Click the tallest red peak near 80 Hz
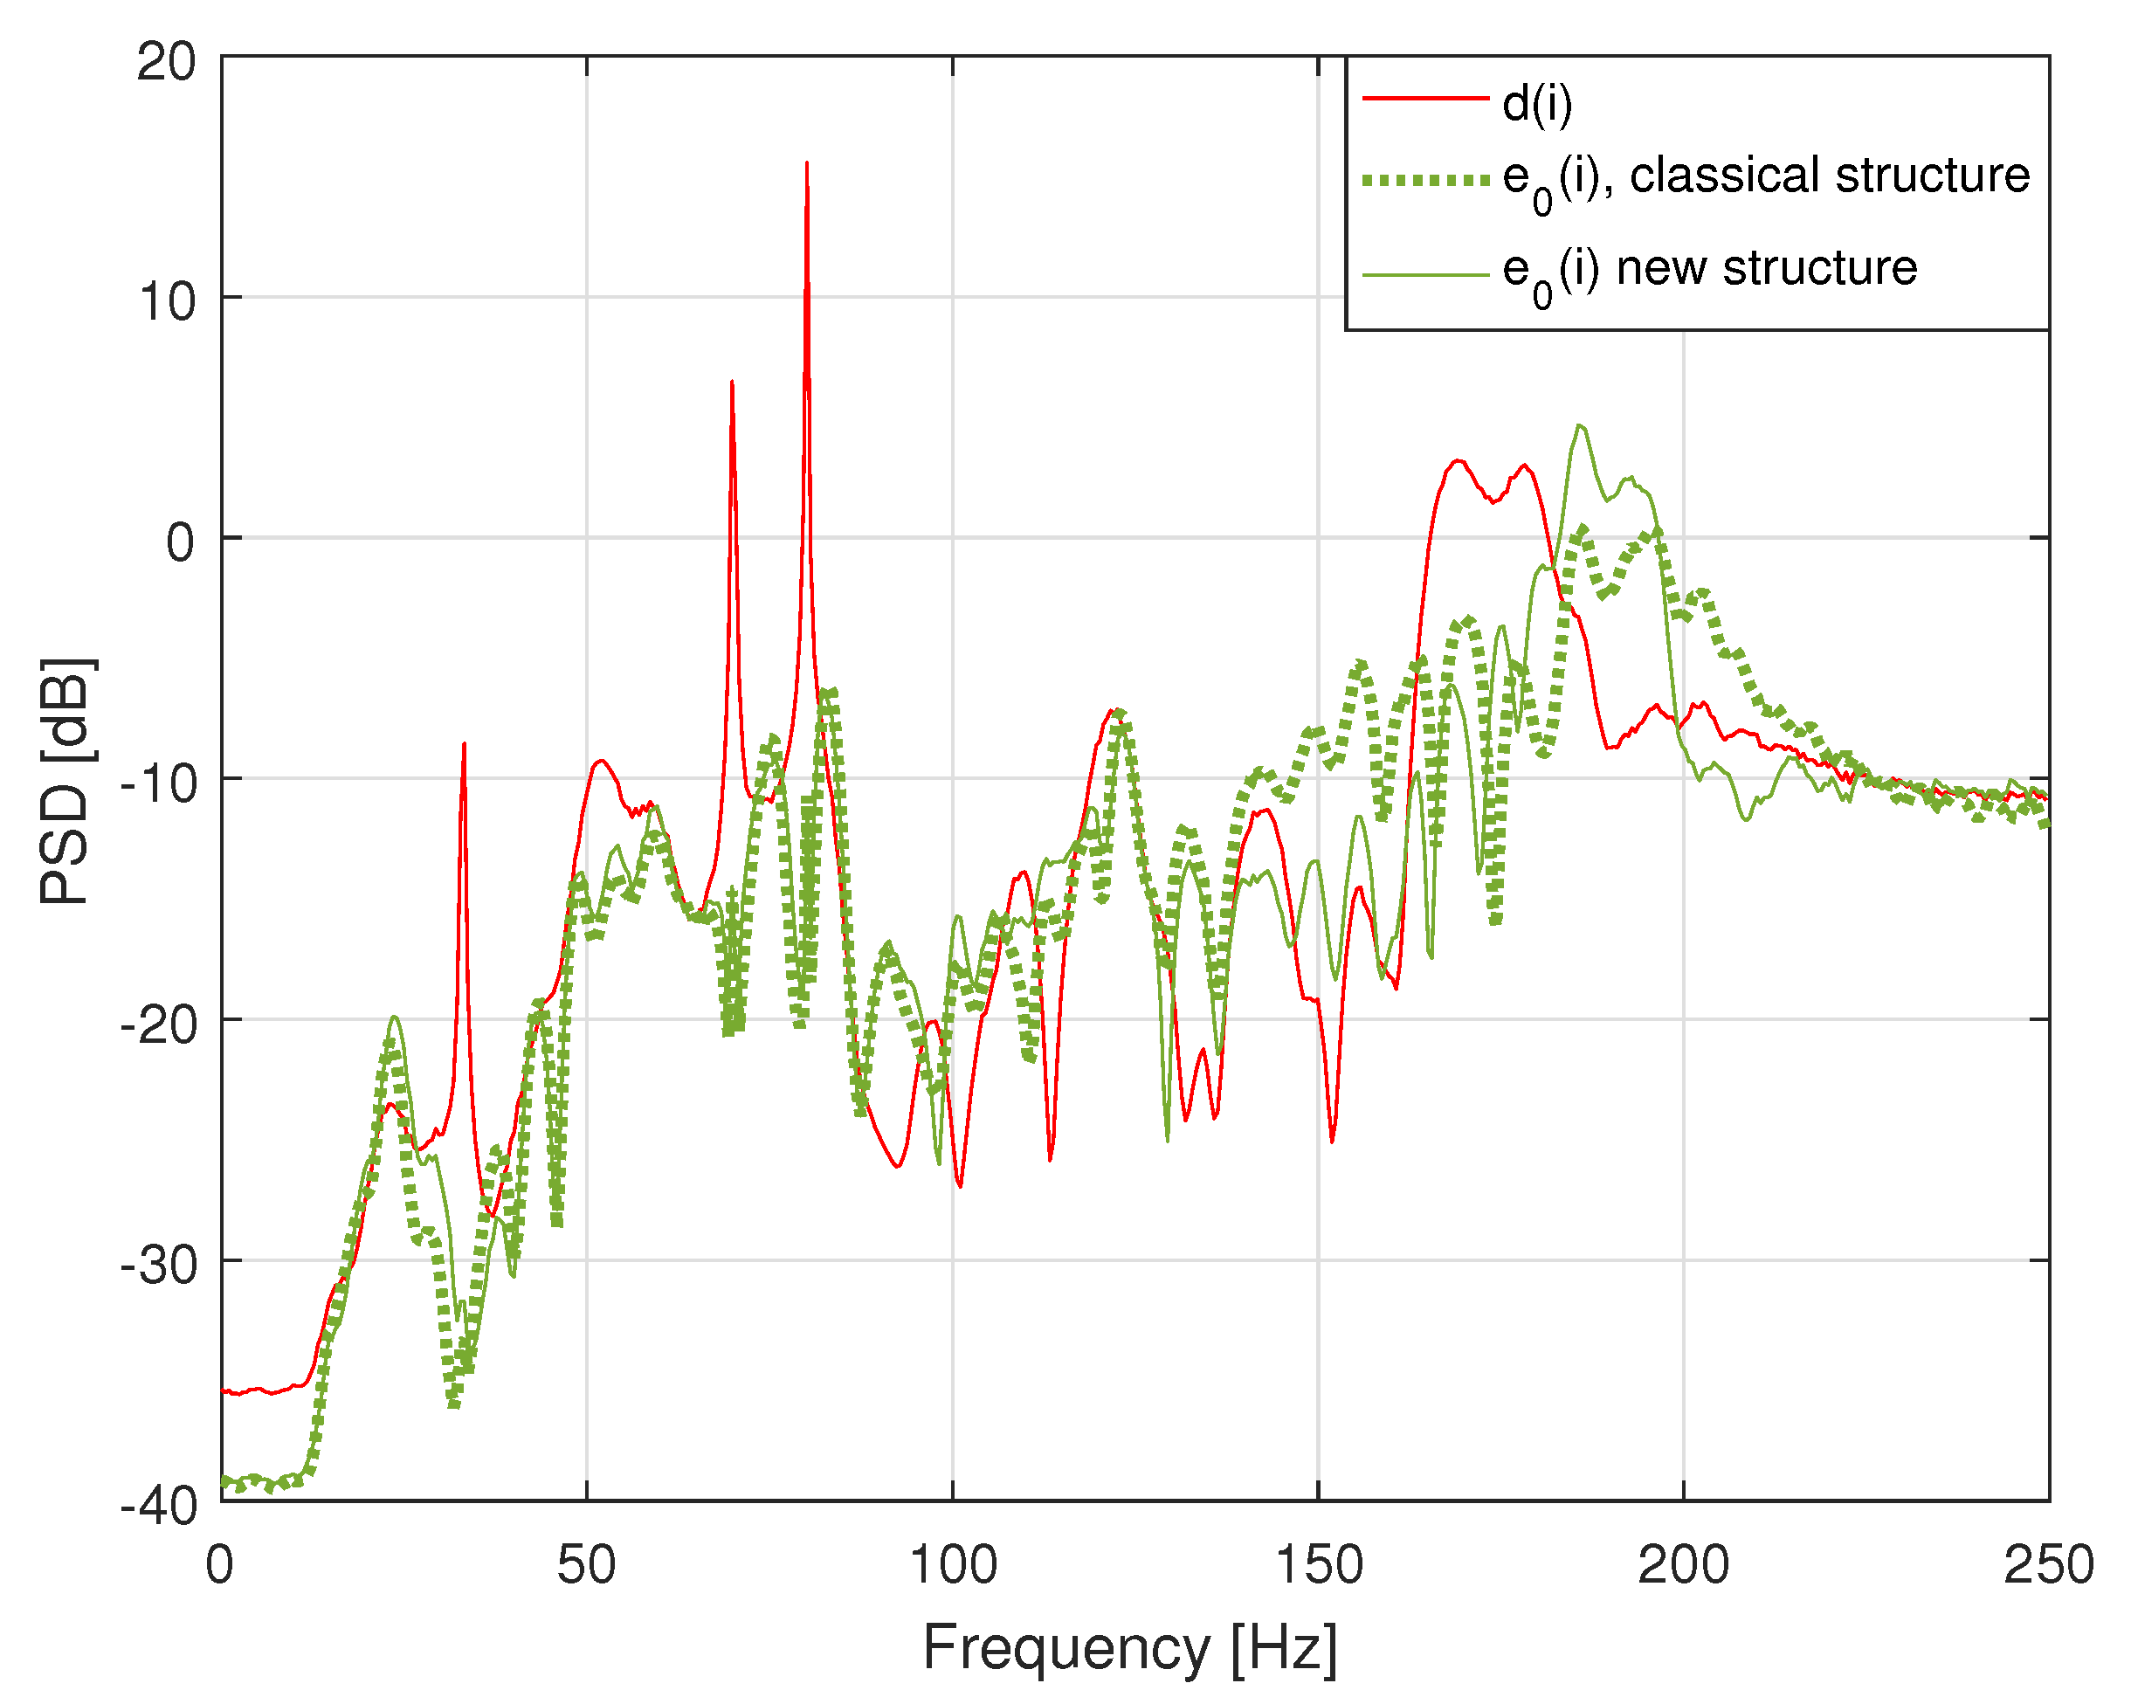[806, 164]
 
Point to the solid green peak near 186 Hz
[1579, 426]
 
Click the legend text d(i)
[1537, 103]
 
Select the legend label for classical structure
[1765, 178]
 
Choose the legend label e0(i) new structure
[1709, 271]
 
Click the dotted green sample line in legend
[1425, 180]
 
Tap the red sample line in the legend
[1425, 99]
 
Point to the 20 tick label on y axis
[166, 62]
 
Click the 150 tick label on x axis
[1319, 1564]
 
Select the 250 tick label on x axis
[2047, 1564]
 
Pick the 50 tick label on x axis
[586, 1564]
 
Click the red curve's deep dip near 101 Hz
[960, 1185]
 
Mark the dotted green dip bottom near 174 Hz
[1495, 921]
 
